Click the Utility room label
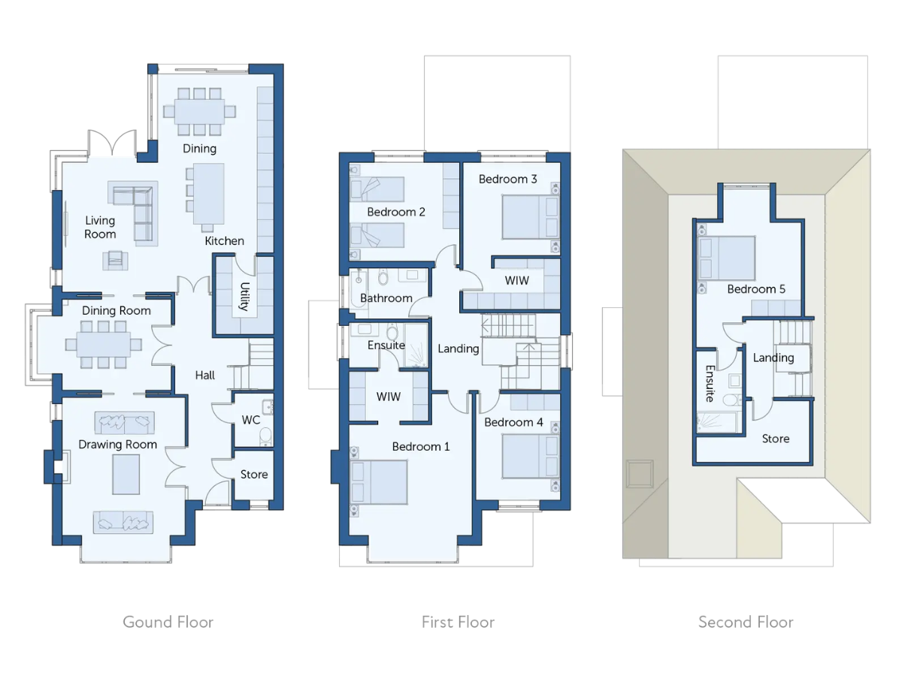(x=244, y=296)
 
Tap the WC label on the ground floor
(x=250, y=420)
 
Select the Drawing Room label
(x=118, y=445)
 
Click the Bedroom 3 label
(x=507, y=179)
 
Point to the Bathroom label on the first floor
(x=386, y=298)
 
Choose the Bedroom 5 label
(x=756, y=288)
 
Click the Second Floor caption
(x=746, y=622)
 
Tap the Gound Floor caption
(x=168, y=622)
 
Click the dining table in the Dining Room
(x=104, y=344)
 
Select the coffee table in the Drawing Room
(x=126, y=475)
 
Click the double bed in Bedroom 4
(x=531, y=456)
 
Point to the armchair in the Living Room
(x=115, y=260)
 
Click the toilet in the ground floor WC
(x=265, y=437)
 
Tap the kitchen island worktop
(x=208, y=194)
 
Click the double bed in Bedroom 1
(x=379, y=482)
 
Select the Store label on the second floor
(x=776, y=439)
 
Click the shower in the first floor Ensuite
(x=416, y=345)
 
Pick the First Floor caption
(x=458, y=622)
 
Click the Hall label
(x=205, y=375)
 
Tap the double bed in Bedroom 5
(x=727, y=258)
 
